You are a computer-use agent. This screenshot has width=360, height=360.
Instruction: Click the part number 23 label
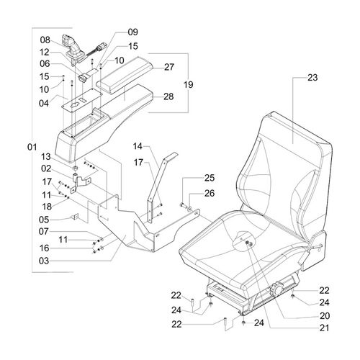click(x=312, y=77)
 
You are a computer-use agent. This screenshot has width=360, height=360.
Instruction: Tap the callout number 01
click(x=31, y=148)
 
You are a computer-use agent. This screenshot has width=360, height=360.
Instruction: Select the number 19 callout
click(x=189, y=84)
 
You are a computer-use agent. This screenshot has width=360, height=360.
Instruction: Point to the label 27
click(x=169, y=67)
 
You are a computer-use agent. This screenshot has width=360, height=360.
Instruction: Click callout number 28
click(x=169, y=96)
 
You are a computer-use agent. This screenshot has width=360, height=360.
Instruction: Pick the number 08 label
click(x=45, y=40)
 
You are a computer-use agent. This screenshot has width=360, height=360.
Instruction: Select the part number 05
click(x=45, y=220)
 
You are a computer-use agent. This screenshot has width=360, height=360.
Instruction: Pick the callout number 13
click(x=45, y=156)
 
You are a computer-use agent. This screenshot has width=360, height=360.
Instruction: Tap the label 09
click(x=132, y=32)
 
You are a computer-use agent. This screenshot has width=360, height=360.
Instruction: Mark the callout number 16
click(x=45, y=247)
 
